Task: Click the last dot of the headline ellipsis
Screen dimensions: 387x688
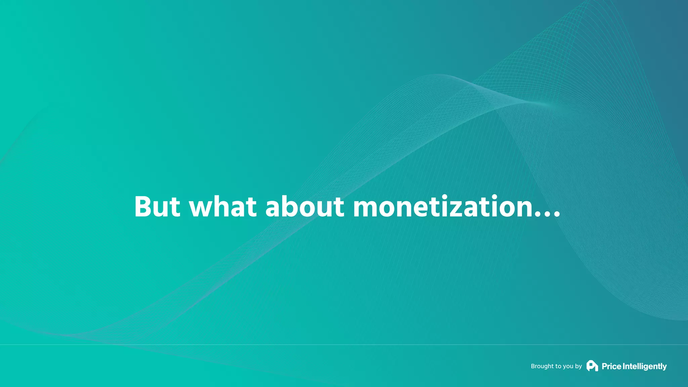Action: (557, 215)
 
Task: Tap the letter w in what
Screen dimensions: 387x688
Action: (203, 209)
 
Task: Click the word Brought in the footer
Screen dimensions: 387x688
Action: (542, 366)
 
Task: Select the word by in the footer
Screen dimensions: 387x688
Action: (578, 367)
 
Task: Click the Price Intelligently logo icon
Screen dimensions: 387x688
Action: (592, 366)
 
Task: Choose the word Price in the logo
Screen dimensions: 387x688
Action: (611, 366)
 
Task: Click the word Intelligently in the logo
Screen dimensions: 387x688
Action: (645, 366)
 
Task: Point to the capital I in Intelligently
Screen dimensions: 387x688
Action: (624, 366)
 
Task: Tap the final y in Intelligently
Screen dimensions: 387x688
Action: (664, 367)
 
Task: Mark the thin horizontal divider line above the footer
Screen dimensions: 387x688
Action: (344, 344)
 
